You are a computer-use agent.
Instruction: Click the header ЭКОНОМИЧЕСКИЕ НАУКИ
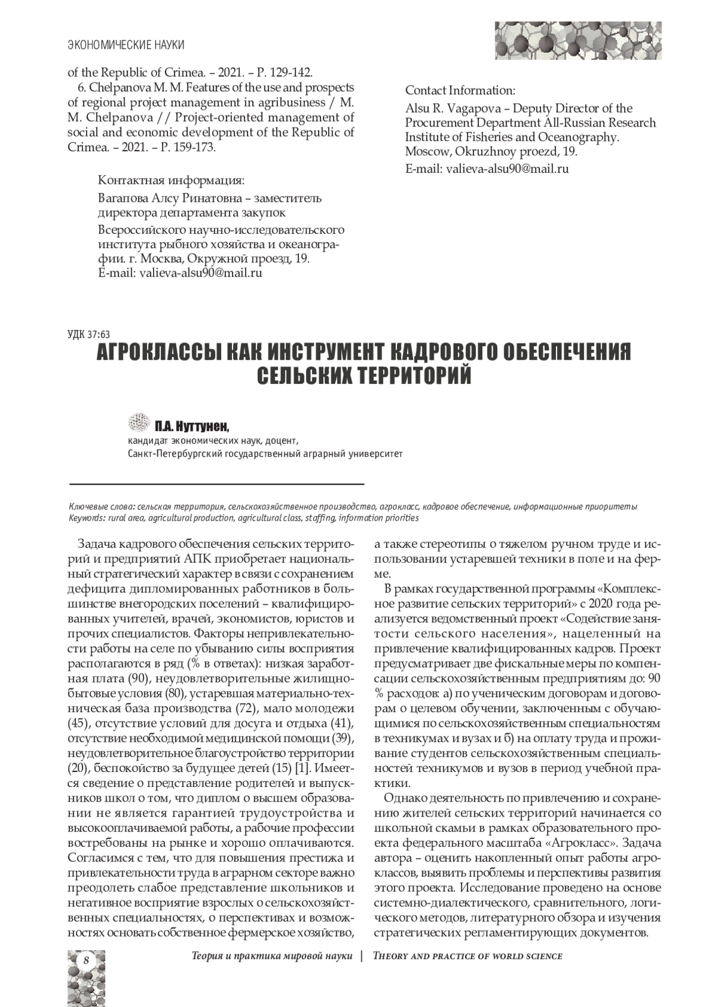pos(126,45)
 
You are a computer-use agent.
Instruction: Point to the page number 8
pos(87,960)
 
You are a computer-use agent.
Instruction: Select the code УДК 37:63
pos(90,334)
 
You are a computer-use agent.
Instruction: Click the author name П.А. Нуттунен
pos(192,426)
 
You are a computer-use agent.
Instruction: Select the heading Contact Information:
pos(460,91)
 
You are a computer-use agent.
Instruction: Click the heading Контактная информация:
pos(171,180)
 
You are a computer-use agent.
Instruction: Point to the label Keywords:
pos(87,517)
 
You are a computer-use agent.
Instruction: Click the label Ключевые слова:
pos(103,507)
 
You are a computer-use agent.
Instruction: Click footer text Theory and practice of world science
pos(468,956)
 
